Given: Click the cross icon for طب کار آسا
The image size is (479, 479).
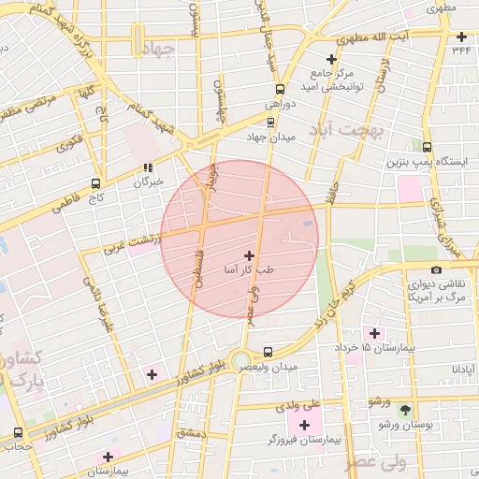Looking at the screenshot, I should (249, 254).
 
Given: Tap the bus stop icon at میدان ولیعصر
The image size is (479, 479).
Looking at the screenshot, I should (269, 352).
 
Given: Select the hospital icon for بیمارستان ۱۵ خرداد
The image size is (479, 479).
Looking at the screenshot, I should (375, 333).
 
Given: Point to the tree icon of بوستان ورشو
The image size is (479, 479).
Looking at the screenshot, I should (404, 410).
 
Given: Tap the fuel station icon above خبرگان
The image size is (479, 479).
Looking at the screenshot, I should (147, 168).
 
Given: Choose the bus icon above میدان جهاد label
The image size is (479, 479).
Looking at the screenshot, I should (270, 122).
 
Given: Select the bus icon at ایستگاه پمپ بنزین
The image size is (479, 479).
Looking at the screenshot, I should (427, 147).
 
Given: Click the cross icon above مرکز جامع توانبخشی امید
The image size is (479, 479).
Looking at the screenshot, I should (331, 59).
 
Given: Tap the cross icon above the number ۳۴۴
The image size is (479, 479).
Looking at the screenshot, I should (461, 37).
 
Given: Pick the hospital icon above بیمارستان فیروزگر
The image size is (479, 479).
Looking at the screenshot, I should (305, 426).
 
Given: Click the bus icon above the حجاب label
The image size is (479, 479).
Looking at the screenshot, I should (19, 433).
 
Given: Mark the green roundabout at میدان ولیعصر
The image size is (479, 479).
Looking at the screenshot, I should (241, 359).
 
